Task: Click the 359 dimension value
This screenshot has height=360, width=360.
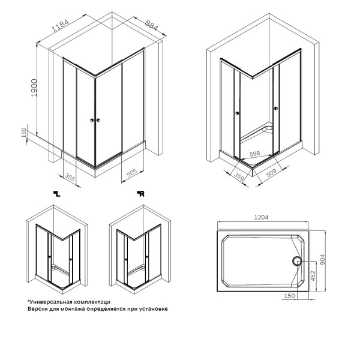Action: [237, 177]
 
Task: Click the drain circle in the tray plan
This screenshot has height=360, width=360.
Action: [296, 260]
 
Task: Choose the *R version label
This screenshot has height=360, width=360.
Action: [140, 193]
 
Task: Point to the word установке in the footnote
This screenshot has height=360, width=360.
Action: [153, 309]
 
